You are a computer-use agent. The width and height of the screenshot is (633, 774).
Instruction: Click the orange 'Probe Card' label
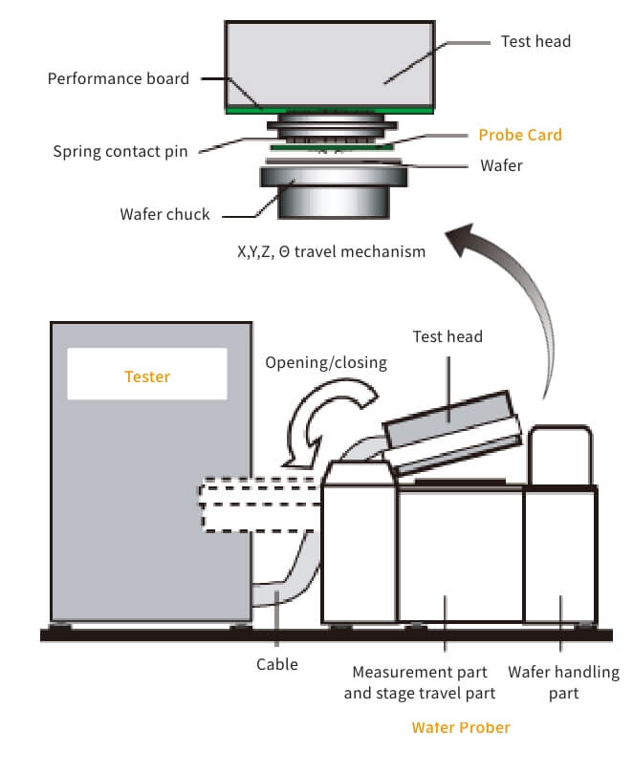(519, 135)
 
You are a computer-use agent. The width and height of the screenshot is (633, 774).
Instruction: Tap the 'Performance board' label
(119, 78)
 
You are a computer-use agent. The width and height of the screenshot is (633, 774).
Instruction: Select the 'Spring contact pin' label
(120, 151)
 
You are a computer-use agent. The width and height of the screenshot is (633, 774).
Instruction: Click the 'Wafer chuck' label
(164, 214)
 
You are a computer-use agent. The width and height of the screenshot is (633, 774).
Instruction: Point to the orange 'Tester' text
(147, 376)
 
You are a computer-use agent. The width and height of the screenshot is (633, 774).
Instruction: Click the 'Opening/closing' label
(326, 362)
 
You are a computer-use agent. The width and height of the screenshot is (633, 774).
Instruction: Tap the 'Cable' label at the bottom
(277, 664)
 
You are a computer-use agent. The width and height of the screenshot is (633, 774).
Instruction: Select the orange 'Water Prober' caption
(461, 727)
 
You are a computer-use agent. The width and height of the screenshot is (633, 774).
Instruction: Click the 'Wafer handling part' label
(563, 682)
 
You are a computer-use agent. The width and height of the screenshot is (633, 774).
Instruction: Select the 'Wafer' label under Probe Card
(502, 165)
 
